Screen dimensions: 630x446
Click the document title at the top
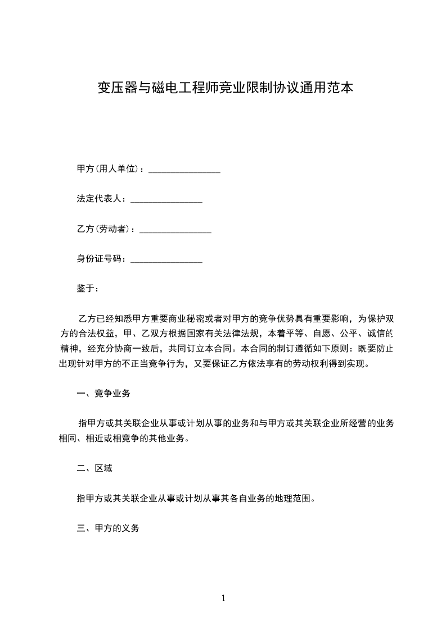click(223, 88)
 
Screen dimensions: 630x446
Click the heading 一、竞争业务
click(103, 394)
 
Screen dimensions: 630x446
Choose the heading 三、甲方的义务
click(108, 528)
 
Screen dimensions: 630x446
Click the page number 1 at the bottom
click(223, 598)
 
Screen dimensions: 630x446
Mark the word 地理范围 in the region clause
click(287, 498)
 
